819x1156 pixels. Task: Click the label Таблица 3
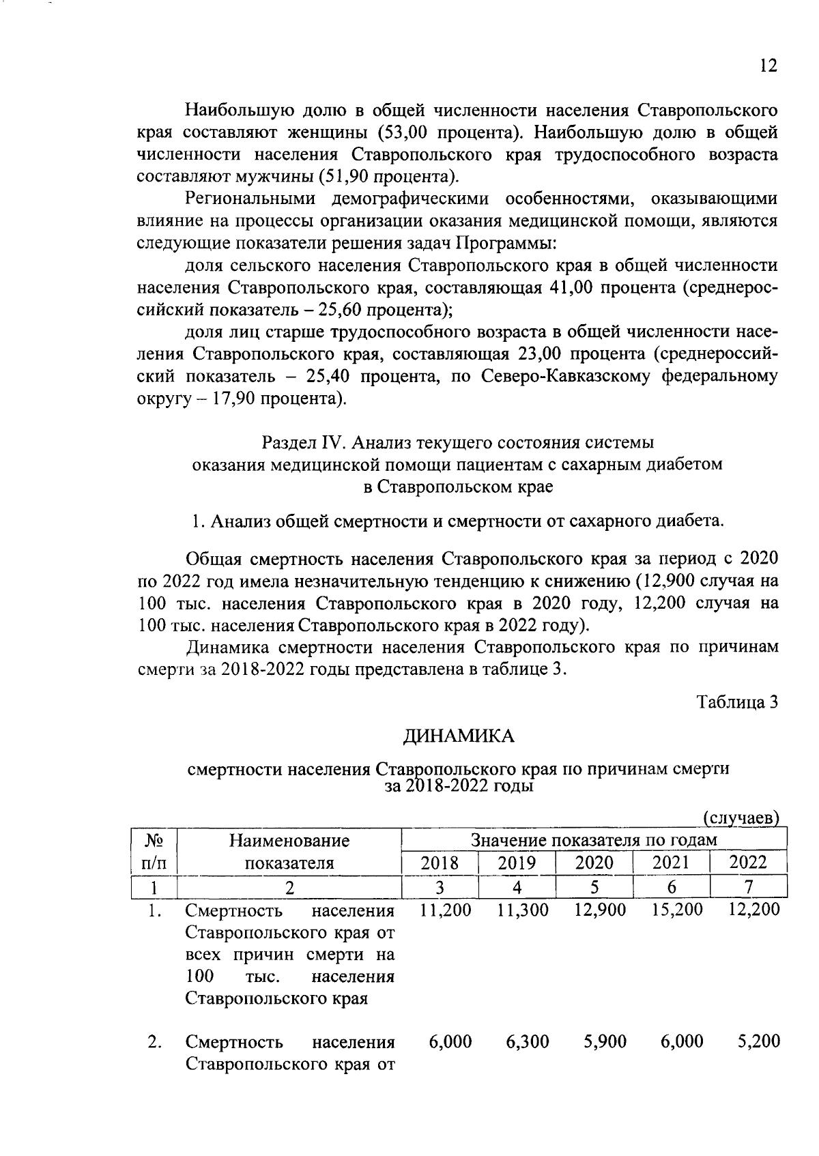tap(737, 702)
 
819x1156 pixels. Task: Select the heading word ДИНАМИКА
tap(458, 736)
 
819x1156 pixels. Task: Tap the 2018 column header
tap(440, 862)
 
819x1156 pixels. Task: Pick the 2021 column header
tap(672, 862)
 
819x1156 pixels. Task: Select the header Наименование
tap(289, 840)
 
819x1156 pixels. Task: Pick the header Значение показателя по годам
tap(594, 840)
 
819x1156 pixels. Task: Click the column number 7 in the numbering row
tap(749, 887)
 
